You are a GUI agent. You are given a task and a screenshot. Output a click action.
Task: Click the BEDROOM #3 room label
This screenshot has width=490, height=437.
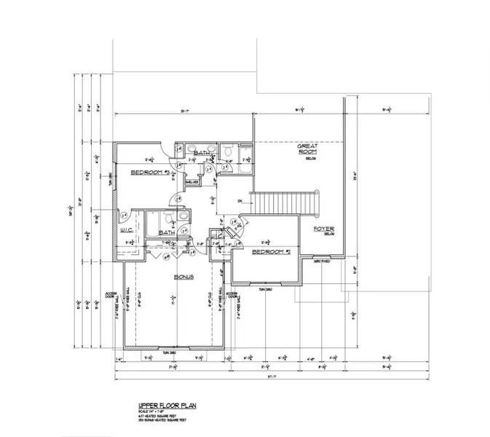pos(150,173)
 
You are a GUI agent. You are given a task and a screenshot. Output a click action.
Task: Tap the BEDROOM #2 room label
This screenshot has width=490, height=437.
pos(271,253)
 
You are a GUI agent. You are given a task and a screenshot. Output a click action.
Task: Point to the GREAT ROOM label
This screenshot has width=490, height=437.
pos(305,149)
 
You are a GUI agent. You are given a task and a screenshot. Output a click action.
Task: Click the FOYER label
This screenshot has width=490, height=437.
pos(323,230)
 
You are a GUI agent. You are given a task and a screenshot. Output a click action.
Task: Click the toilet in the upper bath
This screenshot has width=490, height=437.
pos(228,154)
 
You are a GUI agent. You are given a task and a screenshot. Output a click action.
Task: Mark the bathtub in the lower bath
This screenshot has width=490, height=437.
pos(153,222)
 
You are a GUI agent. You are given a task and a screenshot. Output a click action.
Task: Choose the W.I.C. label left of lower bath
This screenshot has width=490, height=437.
pos(125,232)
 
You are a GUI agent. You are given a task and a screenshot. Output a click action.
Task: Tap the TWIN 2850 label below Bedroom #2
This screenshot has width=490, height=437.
pos(266,289)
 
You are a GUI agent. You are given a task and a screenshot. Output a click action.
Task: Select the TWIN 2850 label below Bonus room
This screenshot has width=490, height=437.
pos(170,353)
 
